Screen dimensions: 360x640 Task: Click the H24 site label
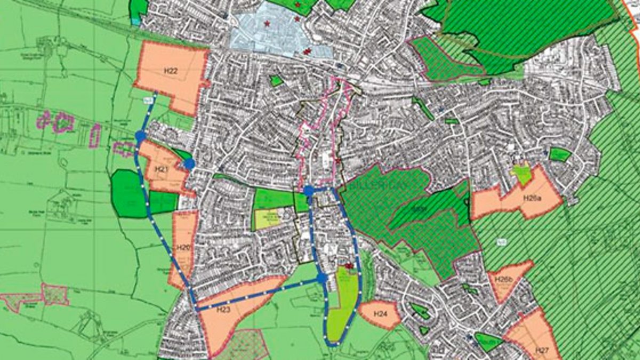pos(380,314)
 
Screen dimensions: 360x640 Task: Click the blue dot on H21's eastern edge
pos(189,164)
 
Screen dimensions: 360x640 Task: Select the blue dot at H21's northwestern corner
pos(140,137)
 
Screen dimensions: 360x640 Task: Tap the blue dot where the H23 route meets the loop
pos(322,278)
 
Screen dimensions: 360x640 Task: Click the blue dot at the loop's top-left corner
pos(309,190)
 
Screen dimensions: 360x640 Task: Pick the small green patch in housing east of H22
pos(276,81)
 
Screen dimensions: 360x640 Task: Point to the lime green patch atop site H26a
pos(521,174)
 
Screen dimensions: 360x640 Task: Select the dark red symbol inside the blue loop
pos(350,265)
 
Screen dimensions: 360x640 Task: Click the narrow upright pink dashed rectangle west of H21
pos(95,135)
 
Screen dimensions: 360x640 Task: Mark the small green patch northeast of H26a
pos(559,155)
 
